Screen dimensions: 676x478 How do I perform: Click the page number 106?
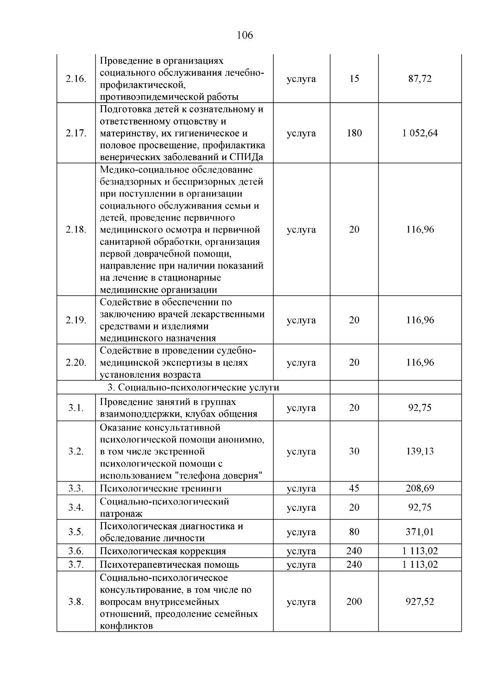[245, 35]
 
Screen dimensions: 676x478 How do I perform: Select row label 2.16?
[76, 78]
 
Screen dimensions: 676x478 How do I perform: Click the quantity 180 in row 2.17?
[354, 133]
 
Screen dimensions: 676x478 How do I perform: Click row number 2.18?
[76, 229]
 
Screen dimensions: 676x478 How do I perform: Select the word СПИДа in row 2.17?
[247, 157]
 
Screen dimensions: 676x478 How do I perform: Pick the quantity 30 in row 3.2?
[354, 451]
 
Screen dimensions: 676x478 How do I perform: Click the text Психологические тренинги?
[161, 488]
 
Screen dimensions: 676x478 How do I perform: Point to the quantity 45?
[354, 488]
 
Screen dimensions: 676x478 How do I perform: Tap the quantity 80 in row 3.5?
[354, 532]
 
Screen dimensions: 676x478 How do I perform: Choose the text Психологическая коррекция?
[163, 551]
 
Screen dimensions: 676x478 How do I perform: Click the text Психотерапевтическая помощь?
[169, 564]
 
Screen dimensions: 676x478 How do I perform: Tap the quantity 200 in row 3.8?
[354, 602]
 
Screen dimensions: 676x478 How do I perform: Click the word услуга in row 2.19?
[301, 320]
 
